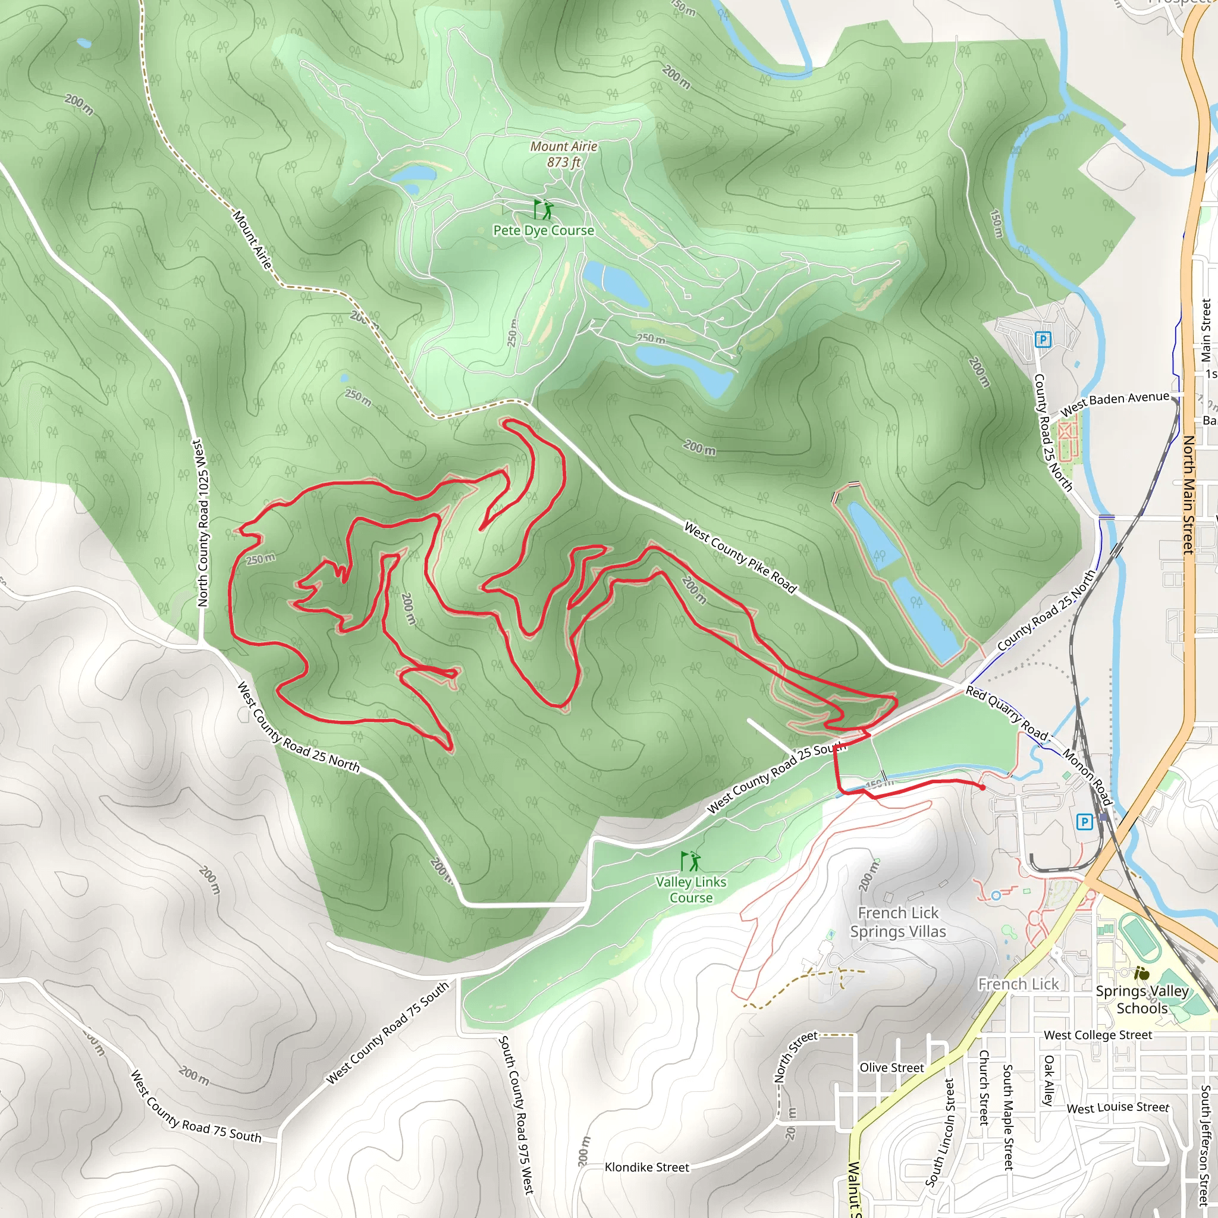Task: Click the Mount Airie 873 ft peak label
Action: [x=564, y=155]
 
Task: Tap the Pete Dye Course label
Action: [x=544, y=231]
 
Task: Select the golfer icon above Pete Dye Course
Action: [x=543, y=209]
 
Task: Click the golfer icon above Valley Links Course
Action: [x=690, y=861]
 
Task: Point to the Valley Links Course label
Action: [x=691, y=890]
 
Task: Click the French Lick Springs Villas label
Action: [x=897, y=922]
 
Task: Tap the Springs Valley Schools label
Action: [x=1142, y=999]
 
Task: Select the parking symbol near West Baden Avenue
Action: [x=1043, y=340]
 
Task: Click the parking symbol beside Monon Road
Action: [x=1084, y=821]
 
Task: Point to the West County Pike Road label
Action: [x=740, y=557]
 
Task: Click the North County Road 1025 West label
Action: [x=202, y=523]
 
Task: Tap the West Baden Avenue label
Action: [x=1114, y=403]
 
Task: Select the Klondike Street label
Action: [x=647, y=1167]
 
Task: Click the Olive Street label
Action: [x=891, y=1068]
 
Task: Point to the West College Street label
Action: [x=1098, y=1035]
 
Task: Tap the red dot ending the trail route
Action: [x=982, y=787]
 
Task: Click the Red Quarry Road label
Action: [x=1006, y=713]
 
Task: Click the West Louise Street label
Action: [x=1117, y=1107]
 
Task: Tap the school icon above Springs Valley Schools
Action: [x=1141, y=974]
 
